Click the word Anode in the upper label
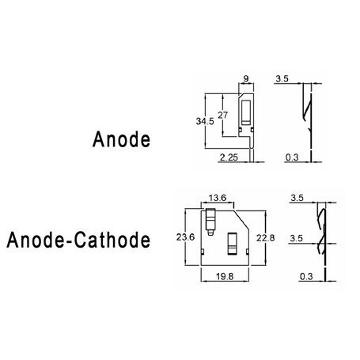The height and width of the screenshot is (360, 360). click(x=121, y=139)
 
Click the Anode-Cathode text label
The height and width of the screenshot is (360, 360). click(x=78, y=240)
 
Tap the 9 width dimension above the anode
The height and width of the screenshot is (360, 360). click(x=246, y=78)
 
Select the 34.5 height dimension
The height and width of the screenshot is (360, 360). click(x=205, y=121)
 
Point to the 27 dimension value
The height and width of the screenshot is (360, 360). click(x=222, y=115)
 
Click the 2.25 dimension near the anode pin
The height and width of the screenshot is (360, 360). click(x=229, y=157)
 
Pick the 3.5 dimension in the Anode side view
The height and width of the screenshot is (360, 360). click(x=282, y=78)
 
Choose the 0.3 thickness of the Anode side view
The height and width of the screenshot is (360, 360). click(x=292, y=157)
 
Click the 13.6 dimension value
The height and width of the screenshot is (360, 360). click(x=218, y=198)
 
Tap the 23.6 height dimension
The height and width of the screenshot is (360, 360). click(x=185, y=237)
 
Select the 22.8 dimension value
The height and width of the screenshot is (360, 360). click(x=266, y=238)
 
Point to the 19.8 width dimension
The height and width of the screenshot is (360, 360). click(x=225, y=277)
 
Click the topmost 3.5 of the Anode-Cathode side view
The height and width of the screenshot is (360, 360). click(x=297, y=198)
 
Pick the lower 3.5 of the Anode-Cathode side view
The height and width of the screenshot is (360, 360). click(x=296, y=238)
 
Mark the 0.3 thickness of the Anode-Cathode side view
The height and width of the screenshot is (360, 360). click(x=306, y=277)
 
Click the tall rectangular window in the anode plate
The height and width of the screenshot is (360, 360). click(x=246, y=112)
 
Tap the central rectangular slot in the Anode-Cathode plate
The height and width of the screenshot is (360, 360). click(x=233, y=244)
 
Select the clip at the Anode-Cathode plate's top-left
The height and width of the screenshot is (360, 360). click(x=210, y=222)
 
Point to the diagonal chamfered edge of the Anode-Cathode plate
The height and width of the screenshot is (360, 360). click(x=241, y=219)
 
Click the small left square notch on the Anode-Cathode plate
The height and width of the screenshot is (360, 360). click(x=203, y=252)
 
